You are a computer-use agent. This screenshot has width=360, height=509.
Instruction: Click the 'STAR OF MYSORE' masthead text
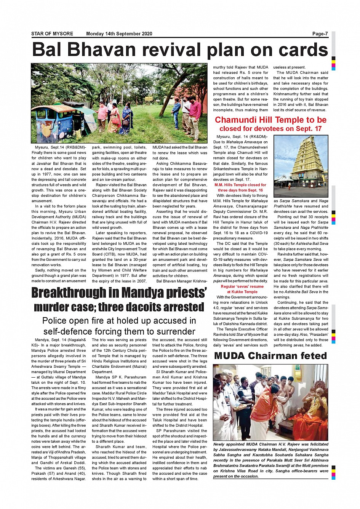[52, 34]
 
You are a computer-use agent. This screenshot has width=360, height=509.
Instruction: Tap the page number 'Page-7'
[320, 34]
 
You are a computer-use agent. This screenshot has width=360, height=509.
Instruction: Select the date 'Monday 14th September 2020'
[119, 34]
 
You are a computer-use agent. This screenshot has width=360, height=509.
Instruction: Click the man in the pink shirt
[195, 114]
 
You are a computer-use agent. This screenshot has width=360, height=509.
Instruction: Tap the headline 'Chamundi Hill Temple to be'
[270, 120]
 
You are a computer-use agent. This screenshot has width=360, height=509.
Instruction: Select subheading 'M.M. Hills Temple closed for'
[240, 185]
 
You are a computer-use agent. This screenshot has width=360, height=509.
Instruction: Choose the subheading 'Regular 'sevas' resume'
[242, 287]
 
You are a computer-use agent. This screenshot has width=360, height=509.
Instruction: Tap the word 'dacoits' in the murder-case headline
[149, 307]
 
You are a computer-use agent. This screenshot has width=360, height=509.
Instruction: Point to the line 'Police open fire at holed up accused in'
[119, 321]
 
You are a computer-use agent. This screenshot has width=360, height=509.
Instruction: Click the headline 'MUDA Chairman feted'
[270, 356]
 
